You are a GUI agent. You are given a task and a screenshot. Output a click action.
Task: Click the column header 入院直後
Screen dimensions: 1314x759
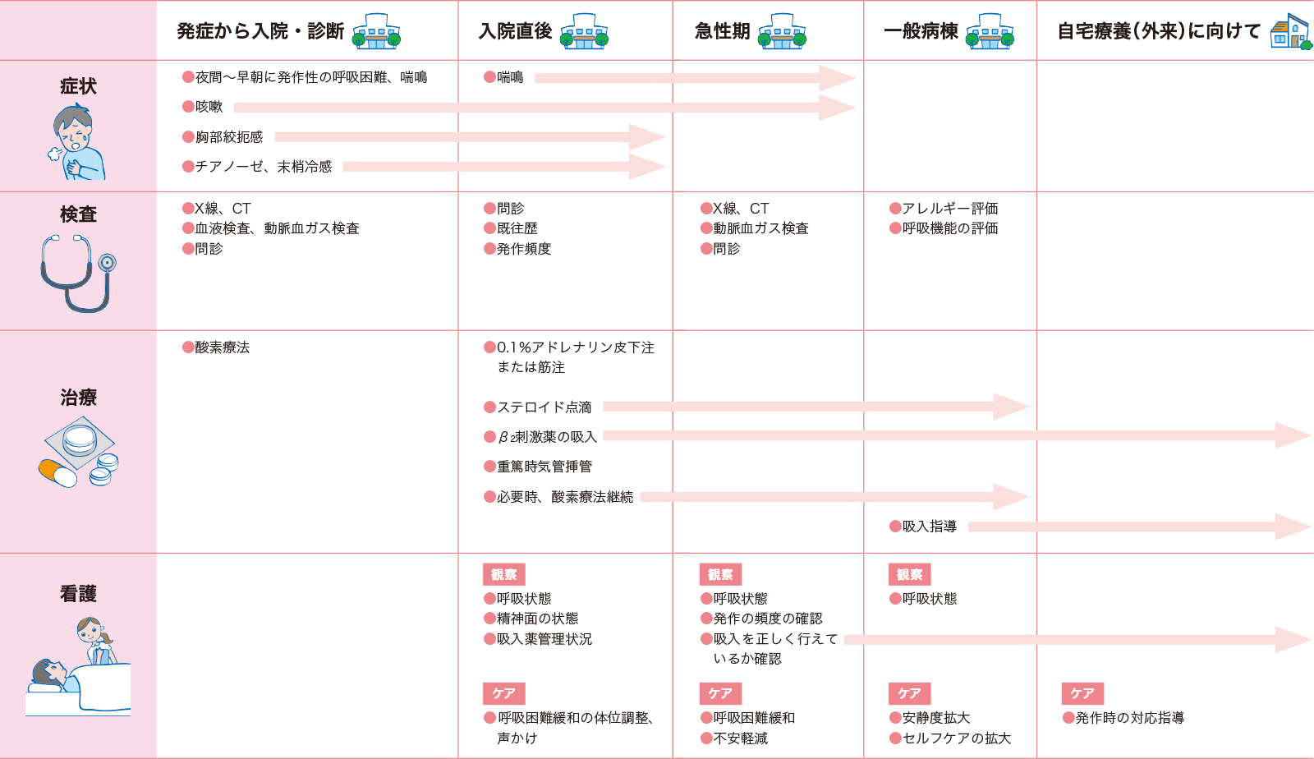coord(516,31)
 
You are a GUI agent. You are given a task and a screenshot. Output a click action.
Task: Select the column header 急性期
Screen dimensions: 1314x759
coord(723,31)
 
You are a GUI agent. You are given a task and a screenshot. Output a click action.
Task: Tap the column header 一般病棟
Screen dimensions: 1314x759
coord(921,31)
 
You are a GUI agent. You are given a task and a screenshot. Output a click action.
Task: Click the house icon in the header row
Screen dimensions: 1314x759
coord(1289,33)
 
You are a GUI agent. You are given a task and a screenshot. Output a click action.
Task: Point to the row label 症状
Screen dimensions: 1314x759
coord(78,86)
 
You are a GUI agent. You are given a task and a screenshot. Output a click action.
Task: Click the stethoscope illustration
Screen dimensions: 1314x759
coord(77,273)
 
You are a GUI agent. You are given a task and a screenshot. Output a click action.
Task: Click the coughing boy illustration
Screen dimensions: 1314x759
coord(77,142)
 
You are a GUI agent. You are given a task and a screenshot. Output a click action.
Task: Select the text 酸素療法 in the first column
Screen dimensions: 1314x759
coord(222,347)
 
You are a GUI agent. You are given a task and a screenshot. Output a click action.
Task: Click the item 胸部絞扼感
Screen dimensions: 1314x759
coord(229,137)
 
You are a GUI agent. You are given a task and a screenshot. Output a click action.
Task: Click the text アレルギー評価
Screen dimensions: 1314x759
coord(950,209)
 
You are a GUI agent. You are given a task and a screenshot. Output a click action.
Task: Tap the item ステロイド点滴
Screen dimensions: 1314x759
coord(544,407)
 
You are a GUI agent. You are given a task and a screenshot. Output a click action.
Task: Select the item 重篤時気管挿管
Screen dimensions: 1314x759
coord(544,467)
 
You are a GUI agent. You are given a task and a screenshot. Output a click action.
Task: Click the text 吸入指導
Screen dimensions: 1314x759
coord(929,527)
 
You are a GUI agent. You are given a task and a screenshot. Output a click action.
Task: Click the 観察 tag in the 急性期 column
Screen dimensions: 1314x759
coord(720,574)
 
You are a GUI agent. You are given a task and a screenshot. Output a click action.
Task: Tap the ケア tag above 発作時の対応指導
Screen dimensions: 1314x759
coord(1082,693)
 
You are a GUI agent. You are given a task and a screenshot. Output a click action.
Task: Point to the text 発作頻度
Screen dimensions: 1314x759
coord(524,249)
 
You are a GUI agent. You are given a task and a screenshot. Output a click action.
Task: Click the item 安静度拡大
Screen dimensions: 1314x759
coord(935,718)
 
